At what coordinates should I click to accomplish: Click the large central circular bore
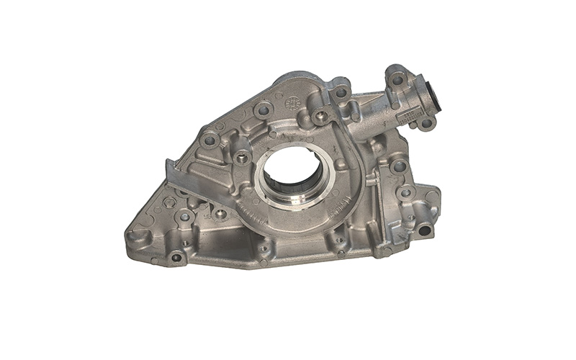click(x=294, y=173)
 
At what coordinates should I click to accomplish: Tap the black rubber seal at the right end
click(x=435, y=98)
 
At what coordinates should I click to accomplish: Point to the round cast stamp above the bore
click(x=292, y=104)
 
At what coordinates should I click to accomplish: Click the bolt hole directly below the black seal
click(x=426, y=123)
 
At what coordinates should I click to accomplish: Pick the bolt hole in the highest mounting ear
click(x=397, y=79)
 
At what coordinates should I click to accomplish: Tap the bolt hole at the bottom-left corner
click(x=176, y=257)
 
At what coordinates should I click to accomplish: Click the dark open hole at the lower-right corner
click(x=424, y=231)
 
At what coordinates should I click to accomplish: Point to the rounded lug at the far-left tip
click(x=134, y=234)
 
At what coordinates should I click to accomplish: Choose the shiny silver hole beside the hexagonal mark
click(x=185, y=216)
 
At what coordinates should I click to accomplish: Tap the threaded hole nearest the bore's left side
click(x=242, y=156)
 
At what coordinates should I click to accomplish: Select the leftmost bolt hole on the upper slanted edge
click(x=210, y=140)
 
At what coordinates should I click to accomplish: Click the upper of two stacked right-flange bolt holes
click(x=398, y=166)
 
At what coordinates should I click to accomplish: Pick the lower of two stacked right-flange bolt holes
click(x=406, y=192)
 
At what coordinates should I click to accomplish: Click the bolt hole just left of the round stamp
click(x=264, y=110)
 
